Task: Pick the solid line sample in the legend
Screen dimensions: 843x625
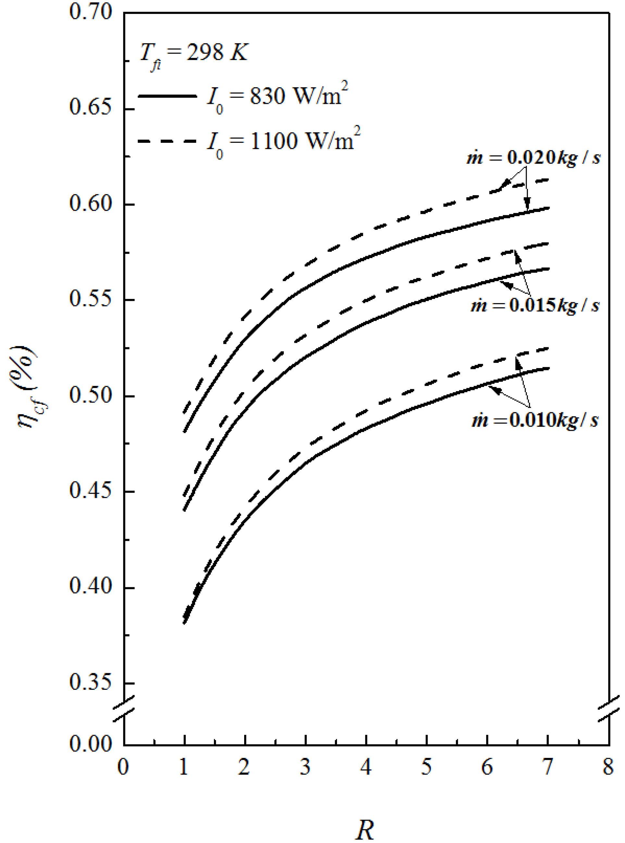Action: coord(168,96)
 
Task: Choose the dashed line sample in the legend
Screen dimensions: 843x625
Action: coord(168,141)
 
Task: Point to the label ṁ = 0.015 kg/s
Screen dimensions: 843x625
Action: coord(535,305)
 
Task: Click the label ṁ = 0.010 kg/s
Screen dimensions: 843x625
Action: coord(535,420)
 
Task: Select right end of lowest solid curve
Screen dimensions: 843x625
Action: coord(547,368)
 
